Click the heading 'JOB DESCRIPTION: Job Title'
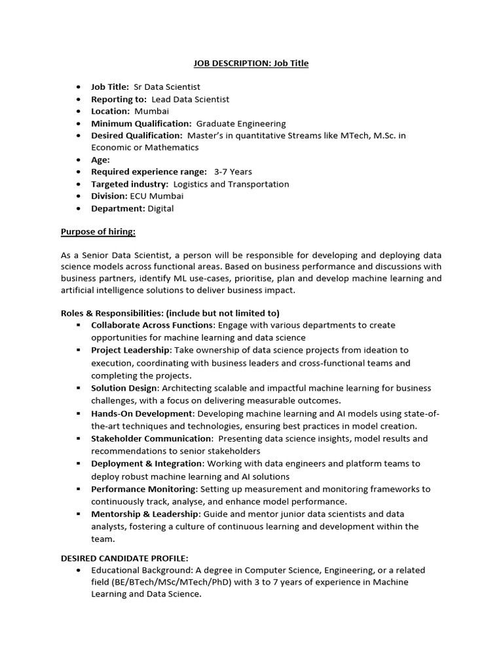[x=251, y=64]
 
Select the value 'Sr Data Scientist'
[x=166, y=86]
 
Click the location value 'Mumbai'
[x=151, y=111]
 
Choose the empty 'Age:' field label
[x=100, y=159]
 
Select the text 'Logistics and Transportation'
[x=231, y=184]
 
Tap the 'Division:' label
[x=109, y=196]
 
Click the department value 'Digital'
[x=160, y=208]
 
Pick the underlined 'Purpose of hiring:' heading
[x=98, y=231]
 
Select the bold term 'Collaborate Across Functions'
[x=153, y=325]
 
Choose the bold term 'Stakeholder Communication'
[x=151, y=438]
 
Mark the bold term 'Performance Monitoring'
[x=143, y=489]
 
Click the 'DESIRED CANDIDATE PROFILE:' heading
[x=124, y=558]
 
